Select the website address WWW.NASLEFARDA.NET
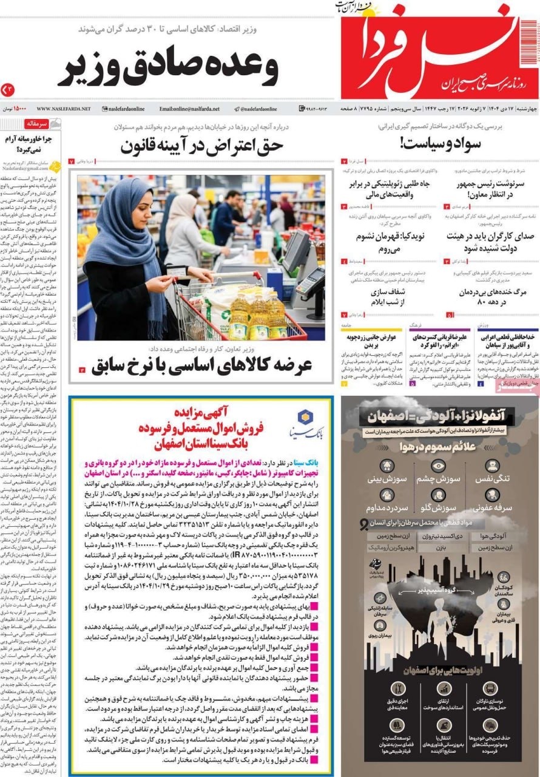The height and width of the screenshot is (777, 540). click(x=63, y=109)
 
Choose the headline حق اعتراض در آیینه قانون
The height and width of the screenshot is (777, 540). click(x=201, y=145)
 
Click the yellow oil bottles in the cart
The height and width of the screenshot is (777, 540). click(x=257, y=316)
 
